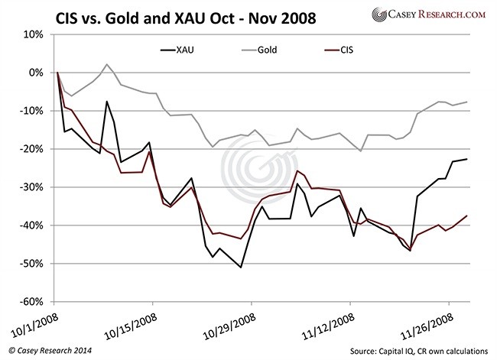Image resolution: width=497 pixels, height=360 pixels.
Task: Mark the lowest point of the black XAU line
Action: (241, 267)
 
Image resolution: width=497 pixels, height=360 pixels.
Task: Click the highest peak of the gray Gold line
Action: (106, 64)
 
